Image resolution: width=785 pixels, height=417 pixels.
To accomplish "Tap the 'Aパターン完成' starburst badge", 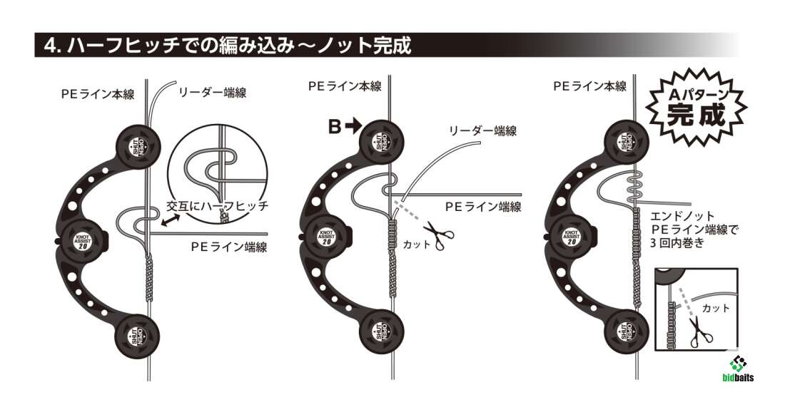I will click(694, 105).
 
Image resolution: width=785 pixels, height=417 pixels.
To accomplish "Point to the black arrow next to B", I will click(353, 127).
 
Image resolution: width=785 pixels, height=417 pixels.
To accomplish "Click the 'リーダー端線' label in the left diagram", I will click(212, 93).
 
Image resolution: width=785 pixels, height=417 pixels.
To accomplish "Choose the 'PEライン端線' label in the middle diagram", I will click(483, 207).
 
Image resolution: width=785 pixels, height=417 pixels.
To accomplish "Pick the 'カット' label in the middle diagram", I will click(417, 244).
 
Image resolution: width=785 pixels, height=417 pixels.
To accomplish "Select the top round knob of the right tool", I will click(626, 143).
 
